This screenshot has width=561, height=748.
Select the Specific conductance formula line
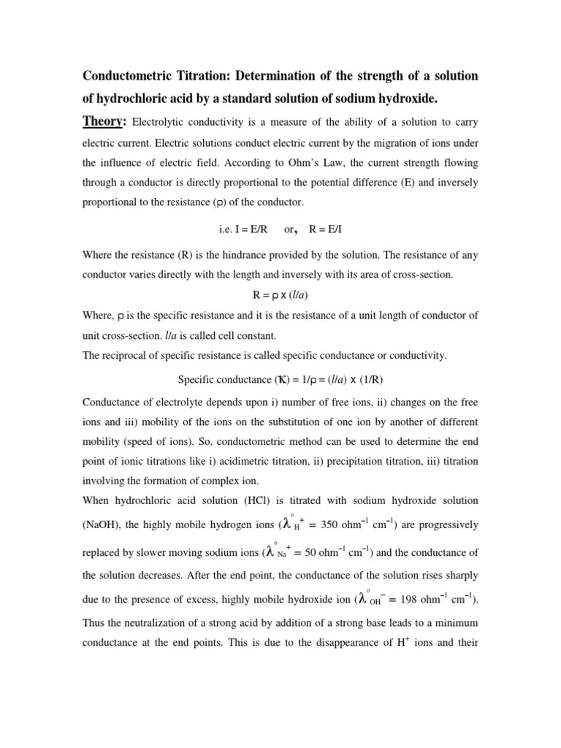(280, 379)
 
